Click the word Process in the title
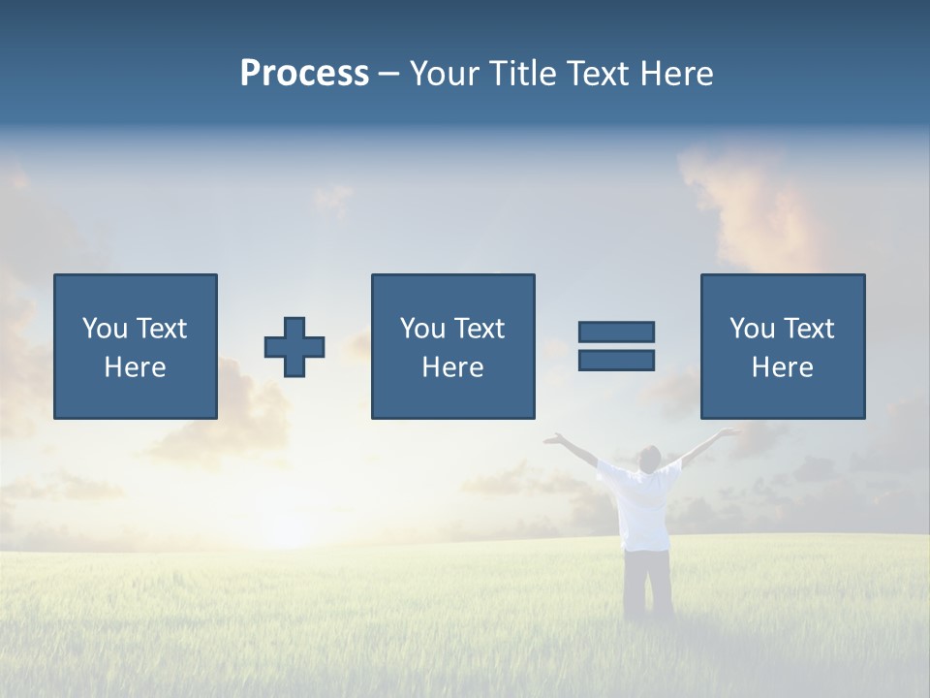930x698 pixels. pyautogui.click(x=304, y=74)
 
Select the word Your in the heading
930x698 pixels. pyautogui.click(x=446, y=74)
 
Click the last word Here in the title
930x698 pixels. pyautogui.click(x=676, y=74)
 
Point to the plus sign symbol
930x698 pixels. pyautogui.click(x=294, y=347)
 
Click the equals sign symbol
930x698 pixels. pyautogui.click(x=616, y=346)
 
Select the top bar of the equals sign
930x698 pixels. pyautogui.click(x=616, y=333)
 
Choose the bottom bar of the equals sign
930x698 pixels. pyautogui.click(x=616, y=360)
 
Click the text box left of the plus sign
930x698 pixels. pyautogui.click(x=136, y=346)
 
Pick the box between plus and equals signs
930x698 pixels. pyautogui.click(x=452, y=346)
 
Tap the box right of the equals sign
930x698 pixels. pyautogui.click(x=782, y=346)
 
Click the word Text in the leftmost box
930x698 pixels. pyautogui.click(x=161, y=329)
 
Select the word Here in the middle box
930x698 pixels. pyautogui.click(x=452, y=367)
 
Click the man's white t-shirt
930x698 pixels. pyautogui.click(x=640, y=504)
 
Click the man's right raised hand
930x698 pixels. pyautogui.click(x=728, y=432)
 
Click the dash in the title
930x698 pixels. pyautogui.click(x=389, y=74)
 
